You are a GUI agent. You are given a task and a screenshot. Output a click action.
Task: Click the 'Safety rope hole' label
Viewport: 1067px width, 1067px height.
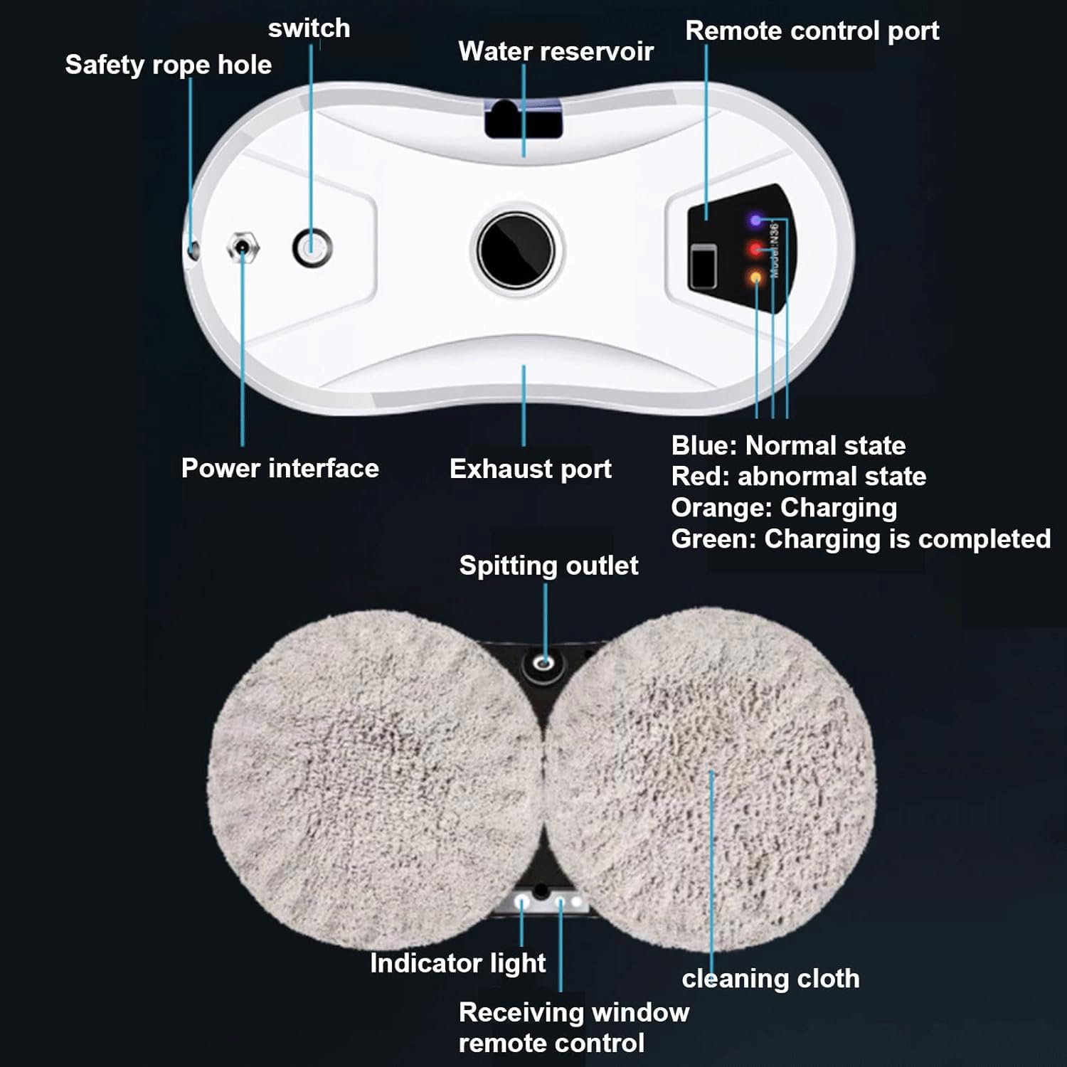(x=169, y=65)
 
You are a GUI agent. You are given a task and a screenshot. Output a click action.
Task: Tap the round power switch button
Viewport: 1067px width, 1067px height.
(x=312, y=248)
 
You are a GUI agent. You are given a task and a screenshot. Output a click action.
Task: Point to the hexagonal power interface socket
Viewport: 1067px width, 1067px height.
(x=243, y=248)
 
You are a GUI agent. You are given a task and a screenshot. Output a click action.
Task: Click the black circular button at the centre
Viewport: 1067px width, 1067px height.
(x=516, y=250)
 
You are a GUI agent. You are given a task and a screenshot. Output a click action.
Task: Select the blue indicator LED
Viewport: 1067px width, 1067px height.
(x=755, y=221)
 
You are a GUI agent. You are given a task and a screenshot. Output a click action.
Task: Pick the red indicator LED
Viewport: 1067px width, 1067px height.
(x=755, y=249)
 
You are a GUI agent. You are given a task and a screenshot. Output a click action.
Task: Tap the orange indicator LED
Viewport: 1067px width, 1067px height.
(x=755, y=277)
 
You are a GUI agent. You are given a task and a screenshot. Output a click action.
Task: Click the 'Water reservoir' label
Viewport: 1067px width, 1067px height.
(x=556, y=51)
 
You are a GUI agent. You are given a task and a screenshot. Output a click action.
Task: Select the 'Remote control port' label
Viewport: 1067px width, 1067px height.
(x=812, y=31)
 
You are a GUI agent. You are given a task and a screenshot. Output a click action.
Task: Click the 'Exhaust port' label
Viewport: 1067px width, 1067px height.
(x=531, y=469)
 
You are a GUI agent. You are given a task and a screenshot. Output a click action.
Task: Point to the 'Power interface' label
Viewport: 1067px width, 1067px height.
(x=280, y=468)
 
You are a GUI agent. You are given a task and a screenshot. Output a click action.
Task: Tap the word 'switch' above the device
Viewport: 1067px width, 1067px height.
(x=309, y=28)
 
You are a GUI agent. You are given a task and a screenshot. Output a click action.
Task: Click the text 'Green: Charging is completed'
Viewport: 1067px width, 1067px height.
(x=861, y=539)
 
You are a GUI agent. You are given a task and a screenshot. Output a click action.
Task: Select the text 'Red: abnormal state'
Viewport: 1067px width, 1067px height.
(x=799, y=476)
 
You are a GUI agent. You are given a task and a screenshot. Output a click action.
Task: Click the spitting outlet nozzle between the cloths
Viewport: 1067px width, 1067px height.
(x=545, y=664)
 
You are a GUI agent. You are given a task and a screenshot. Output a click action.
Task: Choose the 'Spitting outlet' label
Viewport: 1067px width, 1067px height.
(x=548, y=566)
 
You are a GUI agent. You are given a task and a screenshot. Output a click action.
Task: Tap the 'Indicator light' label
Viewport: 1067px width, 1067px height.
(x=458, y=963)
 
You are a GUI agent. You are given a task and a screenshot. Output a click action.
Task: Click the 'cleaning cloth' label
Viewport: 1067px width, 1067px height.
(x=770, y=979)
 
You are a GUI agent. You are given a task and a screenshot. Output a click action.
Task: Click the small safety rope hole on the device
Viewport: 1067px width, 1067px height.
(x=193, y=250)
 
